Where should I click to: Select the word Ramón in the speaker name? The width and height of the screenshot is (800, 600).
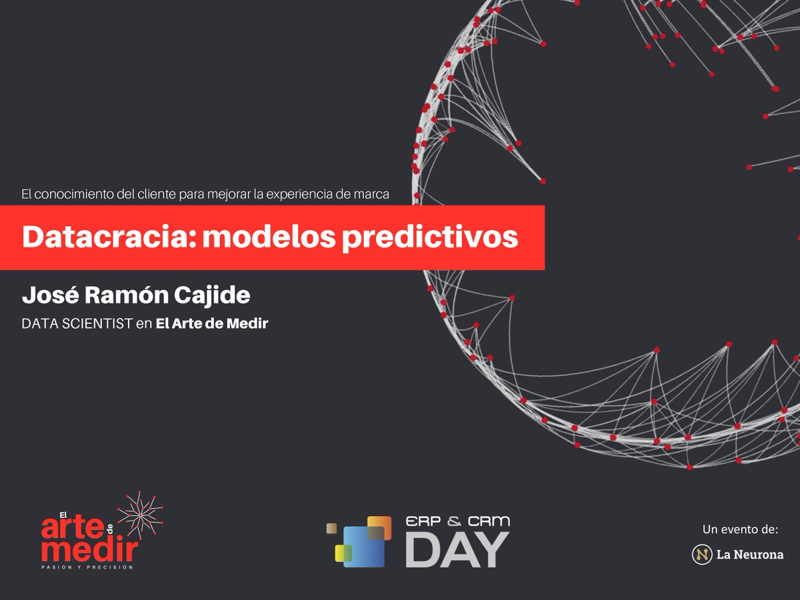coord(125,294)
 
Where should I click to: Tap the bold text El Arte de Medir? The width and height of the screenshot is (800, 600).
coord(211,324)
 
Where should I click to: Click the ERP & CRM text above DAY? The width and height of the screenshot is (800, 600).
coord(457,522)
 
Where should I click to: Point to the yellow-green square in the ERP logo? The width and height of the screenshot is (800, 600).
coord(343,553)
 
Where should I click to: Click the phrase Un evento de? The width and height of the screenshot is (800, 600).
coord(740,530)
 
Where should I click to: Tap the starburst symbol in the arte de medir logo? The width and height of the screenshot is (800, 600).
coord(140,515)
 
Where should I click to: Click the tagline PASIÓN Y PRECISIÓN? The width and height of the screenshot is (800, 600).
coord(87,567)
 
